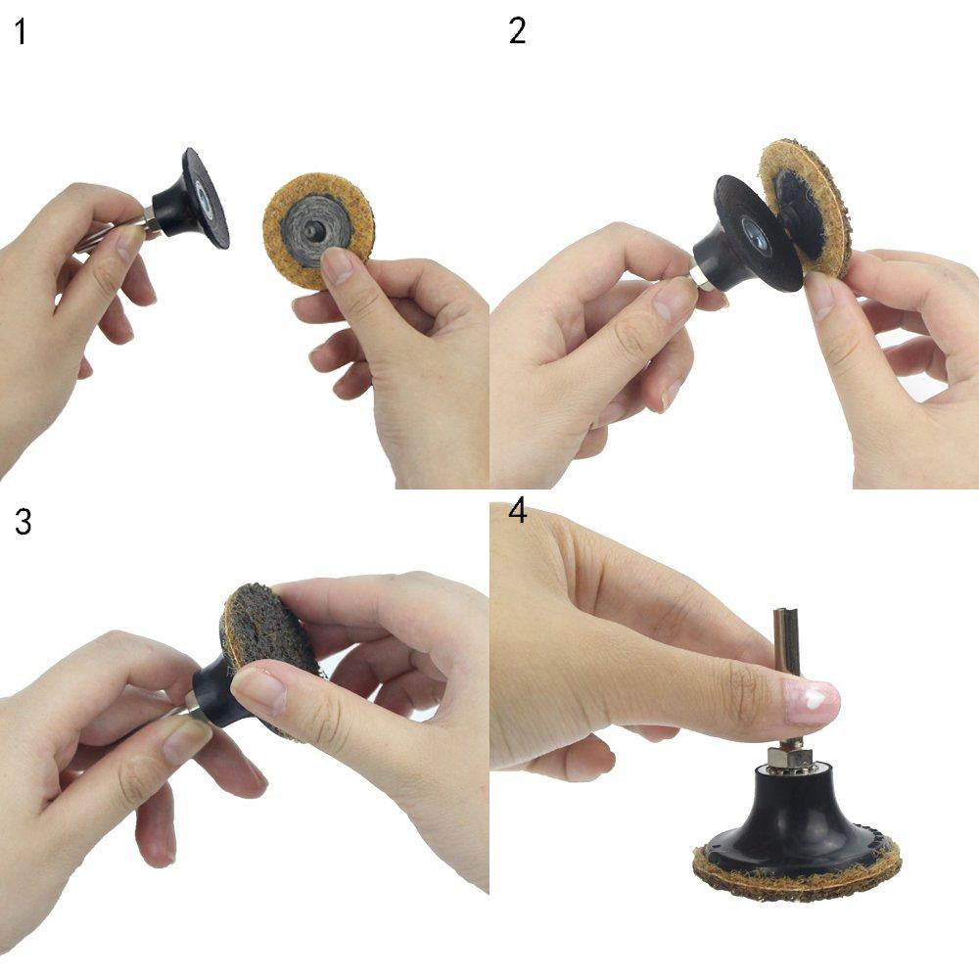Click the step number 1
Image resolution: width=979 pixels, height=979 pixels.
point(21,32)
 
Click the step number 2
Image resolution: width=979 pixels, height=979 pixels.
point(517,30)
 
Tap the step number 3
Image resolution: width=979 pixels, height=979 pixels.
point(23,522)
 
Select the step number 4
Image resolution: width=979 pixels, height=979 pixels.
point(518,512)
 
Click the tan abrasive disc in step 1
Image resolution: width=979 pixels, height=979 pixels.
point(318,230)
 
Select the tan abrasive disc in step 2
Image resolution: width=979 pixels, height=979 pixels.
point(806,206)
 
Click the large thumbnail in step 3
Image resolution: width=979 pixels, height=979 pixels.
point(259,690)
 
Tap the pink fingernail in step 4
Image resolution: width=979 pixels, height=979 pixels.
point(812,701)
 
